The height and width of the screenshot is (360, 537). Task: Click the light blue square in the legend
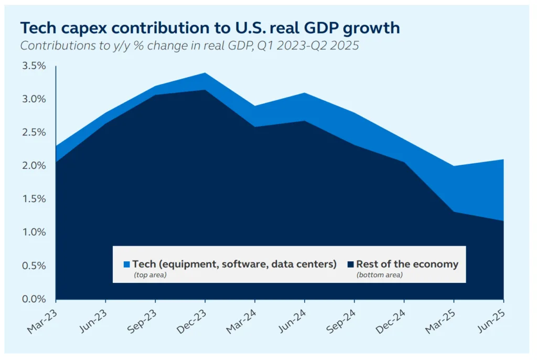(126, 264)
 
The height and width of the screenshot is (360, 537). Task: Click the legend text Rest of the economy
(407, 264)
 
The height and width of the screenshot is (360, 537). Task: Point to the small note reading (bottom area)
(380, 274)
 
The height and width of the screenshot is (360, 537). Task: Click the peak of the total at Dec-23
(205, 73)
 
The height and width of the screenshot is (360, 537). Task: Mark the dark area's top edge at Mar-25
(454, 211)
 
